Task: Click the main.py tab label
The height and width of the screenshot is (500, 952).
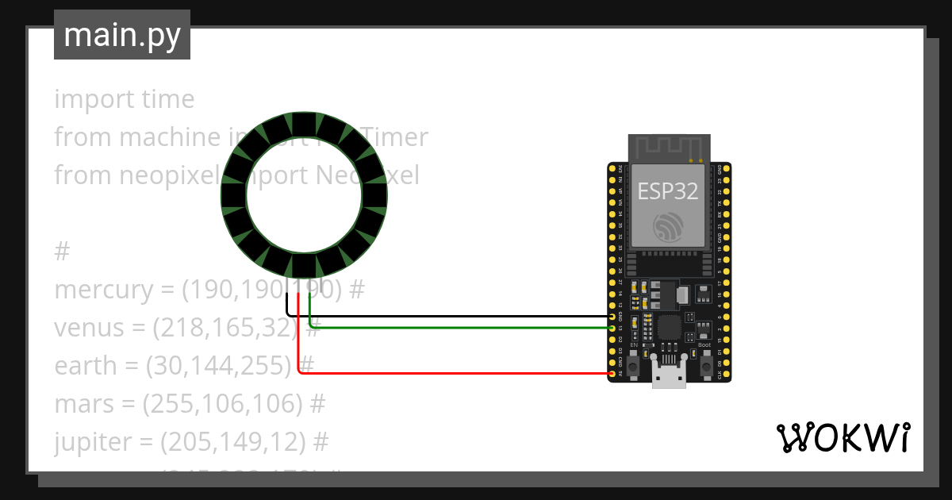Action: [x=121, y=35]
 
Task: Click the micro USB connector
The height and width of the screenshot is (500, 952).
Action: [x=669, y=373]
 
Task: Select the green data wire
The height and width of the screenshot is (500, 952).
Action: [x=452, y=326]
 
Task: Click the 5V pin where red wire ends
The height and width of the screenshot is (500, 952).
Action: [x=612, y=372]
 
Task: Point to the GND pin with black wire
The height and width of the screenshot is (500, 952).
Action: [x=612, y=316]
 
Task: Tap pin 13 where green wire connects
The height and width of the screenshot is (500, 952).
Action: [x=612, y=327]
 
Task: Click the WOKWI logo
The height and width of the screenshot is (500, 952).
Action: [x=843, y=437]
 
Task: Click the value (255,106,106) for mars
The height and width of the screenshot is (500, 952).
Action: [x=222, y=404]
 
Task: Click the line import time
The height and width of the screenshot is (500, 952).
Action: [x=124, y=99]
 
